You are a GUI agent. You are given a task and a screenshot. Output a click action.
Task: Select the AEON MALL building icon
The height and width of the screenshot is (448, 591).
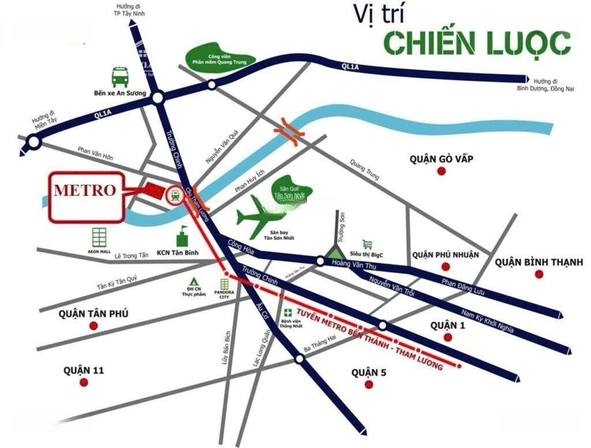pyautogui.click(x=99, y=238)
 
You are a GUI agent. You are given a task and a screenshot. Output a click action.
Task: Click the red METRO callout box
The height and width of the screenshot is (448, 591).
pyautogui.click(x=86, y=197)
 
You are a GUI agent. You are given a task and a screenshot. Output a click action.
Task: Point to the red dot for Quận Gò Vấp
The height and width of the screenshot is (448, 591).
pyautogui.click(x=442, y=171)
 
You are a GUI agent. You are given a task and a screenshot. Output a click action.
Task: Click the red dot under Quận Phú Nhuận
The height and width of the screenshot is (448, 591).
pyautogui.click(x=444, y=266)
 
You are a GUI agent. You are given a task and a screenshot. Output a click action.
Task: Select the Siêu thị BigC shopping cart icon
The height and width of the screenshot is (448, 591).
pyautogui.click(x=368, y=244)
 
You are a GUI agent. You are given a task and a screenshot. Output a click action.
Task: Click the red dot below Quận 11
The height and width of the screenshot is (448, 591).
pyautogui.click(x=85, y=382)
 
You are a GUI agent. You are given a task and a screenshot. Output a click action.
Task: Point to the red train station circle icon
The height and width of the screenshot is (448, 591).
pyautogui.click(x=174, y=195)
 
